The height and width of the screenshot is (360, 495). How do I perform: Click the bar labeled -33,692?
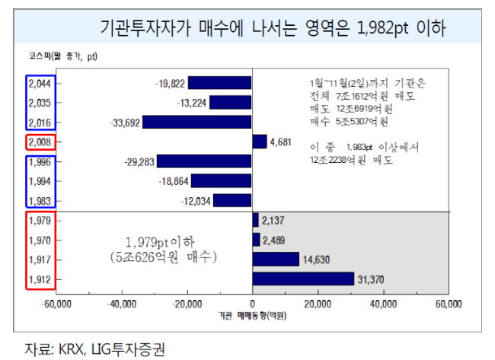click(x=197, y=122)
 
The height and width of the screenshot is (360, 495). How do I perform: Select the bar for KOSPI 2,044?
click(x=220, y=83)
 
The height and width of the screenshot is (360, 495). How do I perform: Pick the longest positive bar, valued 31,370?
click(x=303, y=279)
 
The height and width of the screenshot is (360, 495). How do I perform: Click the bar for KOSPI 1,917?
click(x=276, y=259)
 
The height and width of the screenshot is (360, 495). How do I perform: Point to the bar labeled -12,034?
click(x=232, y=201)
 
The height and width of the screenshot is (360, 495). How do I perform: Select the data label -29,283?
click(x=139, y=162)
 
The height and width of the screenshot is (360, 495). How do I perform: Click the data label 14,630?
click(x=316, y=260)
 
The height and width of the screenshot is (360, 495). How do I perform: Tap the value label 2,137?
click(x=273, y=221)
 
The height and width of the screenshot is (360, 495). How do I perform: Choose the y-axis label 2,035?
click(x=40, y=103)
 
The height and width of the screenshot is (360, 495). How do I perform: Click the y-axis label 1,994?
click(x=40, y=181)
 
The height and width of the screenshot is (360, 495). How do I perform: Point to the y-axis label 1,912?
click(x=40, y=279)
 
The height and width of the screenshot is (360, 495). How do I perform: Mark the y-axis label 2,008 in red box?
click(x=40, y=142)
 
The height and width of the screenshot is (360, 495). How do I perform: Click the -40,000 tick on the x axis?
click(x=122, y=304)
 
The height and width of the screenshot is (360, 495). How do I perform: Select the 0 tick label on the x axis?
click(x=252, y=304)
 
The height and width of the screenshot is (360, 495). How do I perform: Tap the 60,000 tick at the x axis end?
click(x=449, y=304)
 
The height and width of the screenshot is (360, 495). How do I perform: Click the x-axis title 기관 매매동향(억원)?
click(x=252, y=316)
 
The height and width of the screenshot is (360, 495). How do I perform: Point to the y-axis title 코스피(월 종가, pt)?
click(x=62, y=56)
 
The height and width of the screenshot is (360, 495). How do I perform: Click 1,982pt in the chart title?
click(x=382, y=27)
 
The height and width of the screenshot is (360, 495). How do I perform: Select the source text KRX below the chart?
click(x=72, y=349)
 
